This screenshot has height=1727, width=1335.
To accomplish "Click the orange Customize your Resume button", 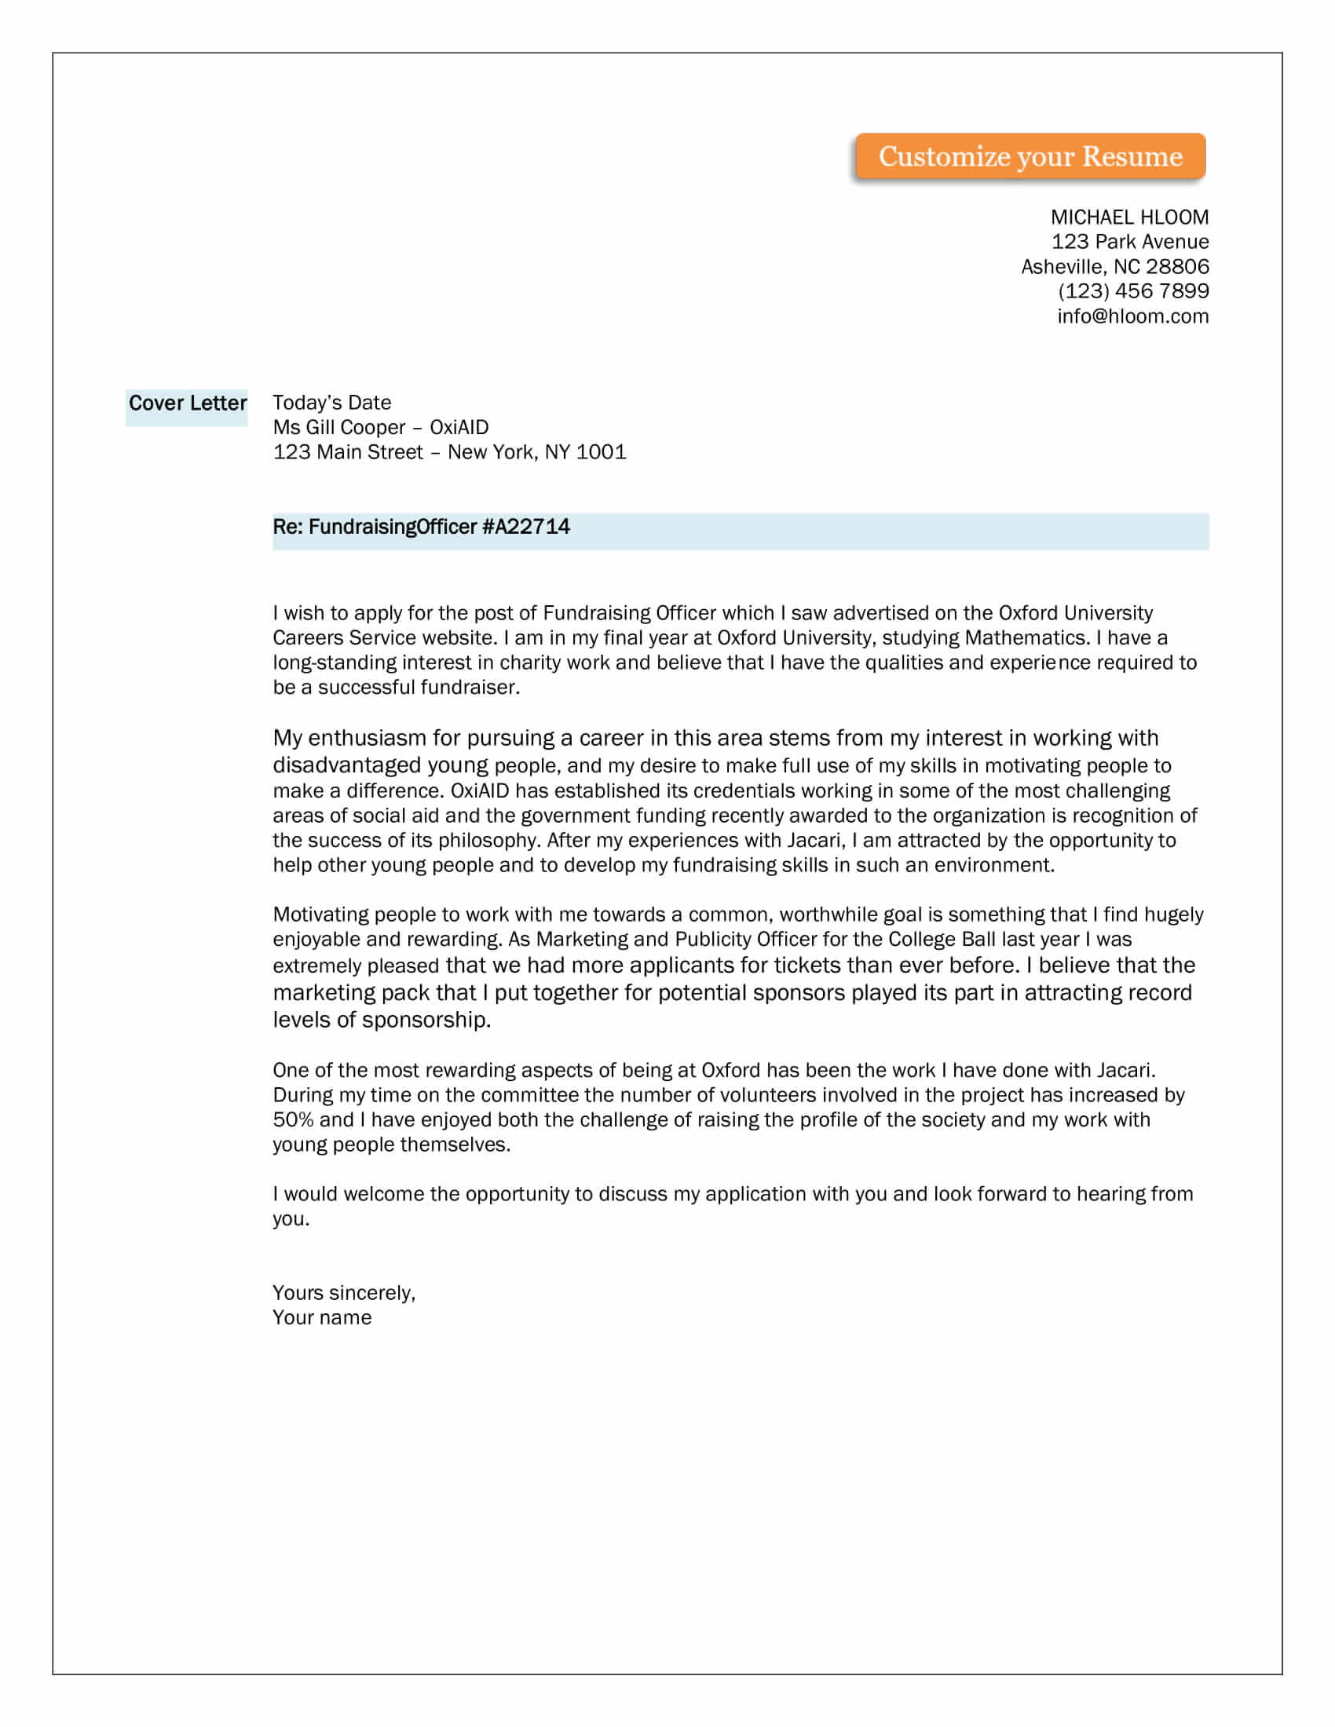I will [1030, 156].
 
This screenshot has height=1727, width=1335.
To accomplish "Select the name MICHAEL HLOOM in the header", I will [1128, 217].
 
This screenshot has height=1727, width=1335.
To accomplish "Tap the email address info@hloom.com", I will [1132, 316].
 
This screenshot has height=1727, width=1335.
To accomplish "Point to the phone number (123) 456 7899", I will [1132, 291].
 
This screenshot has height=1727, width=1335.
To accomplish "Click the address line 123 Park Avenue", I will [1129, 242].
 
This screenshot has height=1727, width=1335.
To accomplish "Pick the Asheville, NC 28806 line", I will [1114, 266].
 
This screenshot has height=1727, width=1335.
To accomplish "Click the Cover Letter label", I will [188, 403].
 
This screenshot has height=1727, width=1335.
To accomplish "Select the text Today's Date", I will [331, 403].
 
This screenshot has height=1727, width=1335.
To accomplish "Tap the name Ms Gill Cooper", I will [338, 427].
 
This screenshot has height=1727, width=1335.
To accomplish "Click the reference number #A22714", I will [526, 527].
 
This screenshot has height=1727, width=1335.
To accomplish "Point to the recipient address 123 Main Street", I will [348, 452].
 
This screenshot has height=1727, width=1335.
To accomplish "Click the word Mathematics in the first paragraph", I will [1025, 637].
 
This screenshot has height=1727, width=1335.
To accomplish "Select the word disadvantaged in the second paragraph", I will [346, 765].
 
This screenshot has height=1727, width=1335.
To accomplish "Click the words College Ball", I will [942, 940].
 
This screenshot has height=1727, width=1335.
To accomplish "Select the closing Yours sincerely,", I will [343, 1293].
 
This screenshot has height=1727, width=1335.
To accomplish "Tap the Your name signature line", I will [322, 1317].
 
